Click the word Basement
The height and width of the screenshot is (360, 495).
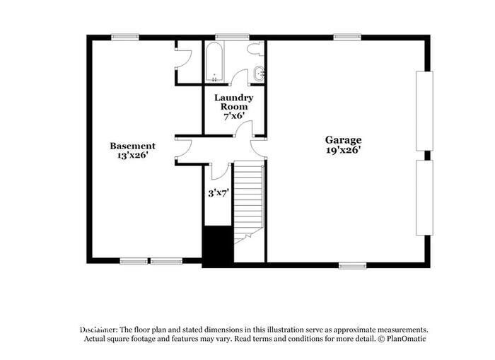pyautogui.click(x=132, y=146)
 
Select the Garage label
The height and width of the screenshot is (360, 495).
pyautogui.click(x=343, y=140)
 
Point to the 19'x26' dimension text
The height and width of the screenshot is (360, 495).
pyautogui.click(x=343, y=150)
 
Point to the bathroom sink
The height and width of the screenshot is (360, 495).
pyautogui.click(x=259, y=72)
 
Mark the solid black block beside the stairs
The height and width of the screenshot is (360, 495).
pyautogui.click(x=218, y=247)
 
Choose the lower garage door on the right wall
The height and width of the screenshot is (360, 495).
pyautogui.click(x=425, y=198)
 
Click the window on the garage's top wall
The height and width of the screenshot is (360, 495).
pyautogui.click(x=347, y=37)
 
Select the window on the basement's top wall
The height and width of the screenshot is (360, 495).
pyautogui.click(x=124, y=37)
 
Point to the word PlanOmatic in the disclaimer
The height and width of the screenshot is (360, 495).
pyautogui.click(x=407, y=339)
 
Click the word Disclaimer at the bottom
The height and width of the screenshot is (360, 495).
pyautogui.click(x=98, y=330)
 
